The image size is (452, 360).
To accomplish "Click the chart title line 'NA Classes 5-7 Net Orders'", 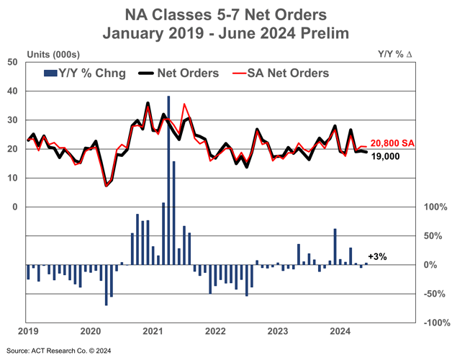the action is (226, 14).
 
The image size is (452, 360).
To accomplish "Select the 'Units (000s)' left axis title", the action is (53, 54).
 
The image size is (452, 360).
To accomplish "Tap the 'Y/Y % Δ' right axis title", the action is (395, 54).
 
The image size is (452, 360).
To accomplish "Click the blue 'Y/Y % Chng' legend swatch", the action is (50, 73).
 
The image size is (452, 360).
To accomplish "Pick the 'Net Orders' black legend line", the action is (146, 73).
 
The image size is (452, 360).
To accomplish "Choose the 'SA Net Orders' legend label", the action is (288, 73).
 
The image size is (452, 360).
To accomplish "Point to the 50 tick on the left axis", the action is (12, 62).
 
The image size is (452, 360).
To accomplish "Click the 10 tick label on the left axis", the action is (12, 178).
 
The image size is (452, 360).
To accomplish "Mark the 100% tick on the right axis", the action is (435, 207).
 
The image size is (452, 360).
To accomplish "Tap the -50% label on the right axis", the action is (435, 294).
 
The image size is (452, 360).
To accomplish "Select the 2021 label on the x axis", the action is (153, 331).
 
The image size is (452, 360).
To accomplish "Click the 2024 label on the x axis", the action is (340, 331).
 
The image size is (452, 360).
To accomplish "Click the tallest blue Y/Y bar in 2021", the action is (168, 180).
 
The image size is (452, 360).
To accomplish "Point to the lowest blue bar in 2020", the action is (106, 285).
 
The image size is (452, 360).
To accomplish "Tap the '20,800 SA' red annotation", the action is (392, 143).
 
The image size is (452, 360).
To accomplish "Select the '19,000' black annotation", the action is (385, 156).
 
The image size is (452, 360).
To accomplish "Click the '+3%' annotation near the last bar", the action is (377, 256).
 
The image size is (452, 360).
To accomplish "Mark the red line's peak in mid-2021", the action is (184, 104).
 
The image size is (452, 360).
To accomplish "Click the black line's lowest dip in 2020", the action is (106, 186).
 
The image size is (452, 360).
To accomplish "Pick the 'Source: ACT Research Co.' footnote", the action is (58, 351).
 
